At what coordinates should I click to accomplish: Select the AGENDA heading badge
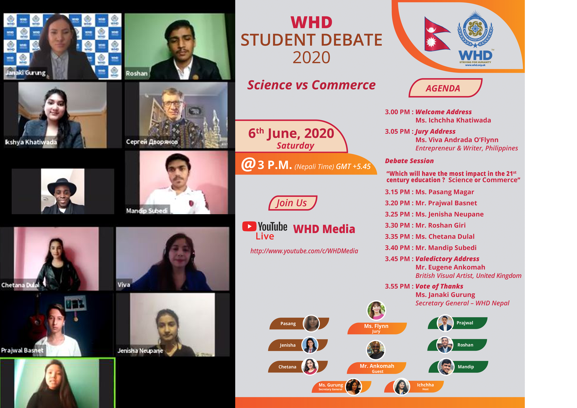(x=445, y=88)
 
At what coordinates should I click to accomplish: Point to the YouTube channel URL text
(x=304, y=251)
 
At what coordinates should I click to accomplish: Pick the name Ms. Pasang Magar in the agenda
(x=445, y=192)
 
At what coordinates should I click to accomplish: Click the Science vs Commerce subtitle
(x=311, y=85)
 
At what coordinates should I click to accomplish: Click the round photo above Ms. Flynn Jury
(x=376, y=310)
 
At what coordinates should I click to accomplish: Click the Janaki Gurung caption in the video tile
(x=26, y=73)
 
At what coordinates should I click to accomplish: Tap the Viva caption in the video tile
(x=124, y=285)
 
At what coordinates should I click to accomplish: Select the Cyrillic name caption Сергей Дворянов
(x=152, y=142)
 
